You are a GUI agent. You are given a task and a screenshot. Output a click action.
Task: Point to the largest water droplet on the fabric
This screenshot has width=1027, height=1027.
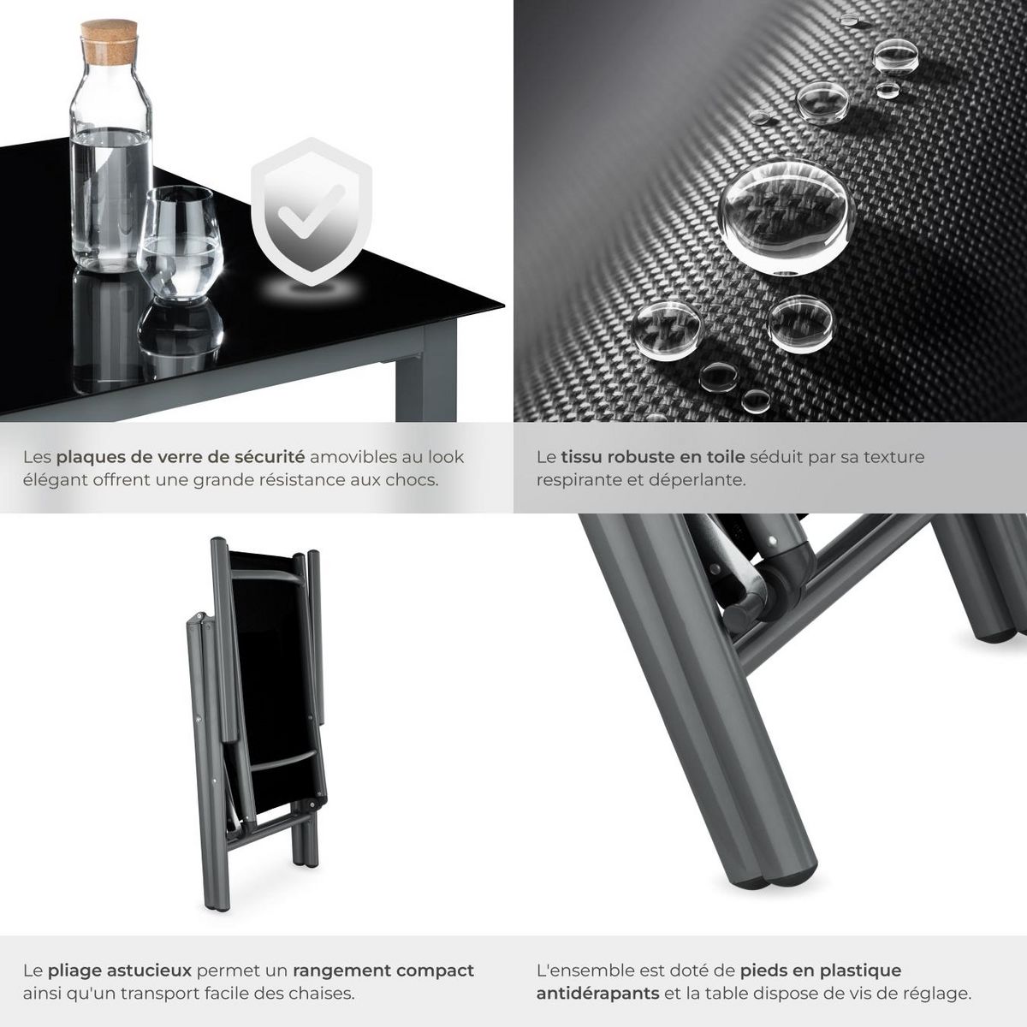(787, 216)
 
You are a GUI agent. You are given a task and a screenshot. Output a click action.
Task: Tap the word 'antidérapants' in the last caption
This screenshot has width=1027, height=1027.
(598, 994)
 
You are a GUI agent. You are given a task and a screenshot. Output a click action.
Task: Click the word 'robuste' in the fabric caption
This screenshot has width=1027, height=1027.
(644, 457)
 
